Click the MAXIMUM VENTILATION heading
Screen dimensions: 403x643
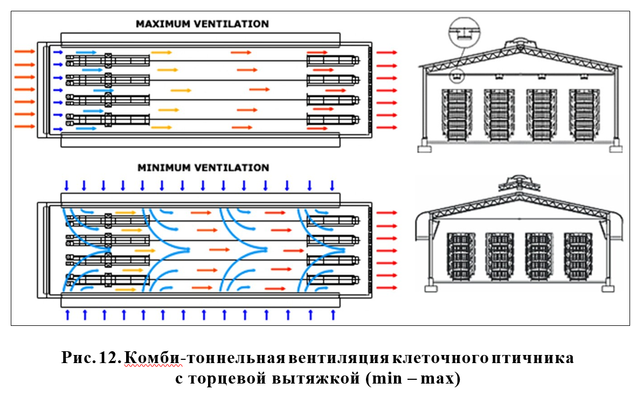click(x=202, y=24)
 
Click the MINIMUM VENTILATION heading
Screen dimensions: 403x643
click(x=203, y=168)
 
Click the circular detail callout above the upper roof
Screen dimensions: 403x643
click(x=462, y=31)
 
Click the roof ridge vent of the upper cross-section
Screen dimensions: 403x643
click(x=520, y=42)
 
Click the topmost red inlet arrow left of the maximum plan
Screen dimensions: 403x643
click(x=24, y=51)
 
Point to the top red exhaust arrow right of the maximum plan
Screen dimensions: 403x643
click(x=386, y=52)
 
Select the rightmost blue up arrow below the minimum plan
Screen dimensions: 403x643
click(x=333, y=315)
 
